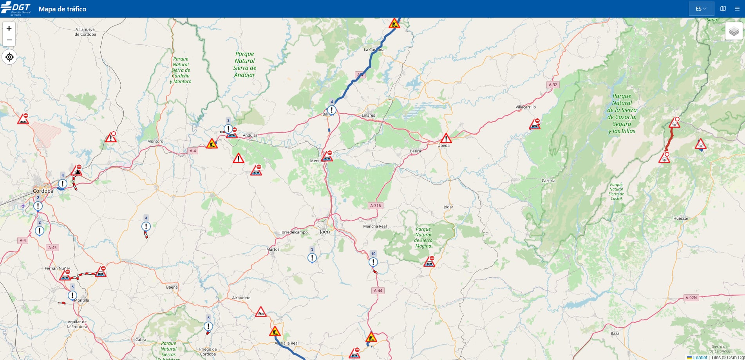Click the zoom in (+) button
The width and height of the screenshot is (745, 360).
pos(9,28)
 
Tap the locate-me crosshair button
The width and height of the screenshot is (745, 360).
pos(9,57)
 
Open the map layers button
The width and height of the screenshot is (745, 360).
pos(734,31)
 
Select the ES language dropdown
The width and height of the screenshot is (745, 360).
pos(701,9)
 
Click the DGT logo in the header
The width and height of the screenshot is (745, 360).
pos(16,9)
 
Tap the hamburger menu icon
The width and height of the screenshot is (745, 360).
pos(737,9)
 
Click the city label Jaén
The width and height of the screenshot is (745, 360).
pos(325,232)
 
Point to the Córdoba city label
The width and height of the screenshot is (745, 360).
pos(43,191)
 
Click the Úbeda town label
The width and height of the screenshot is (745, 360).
pos(443,145)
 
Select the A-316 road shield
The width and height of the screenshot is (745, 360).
pos(375,205)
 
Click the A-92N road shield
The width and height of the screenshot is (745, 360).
pos(691,298)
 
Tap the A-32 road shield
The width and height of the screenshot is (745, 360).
pos(553,85)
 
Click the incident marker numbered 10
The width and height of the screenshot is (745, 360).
pos(373,262)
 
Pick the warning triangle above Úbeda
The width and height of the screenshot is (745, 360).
pos(446,138)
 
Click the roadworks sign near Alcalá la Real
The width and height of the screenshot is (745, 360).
pos(275,332)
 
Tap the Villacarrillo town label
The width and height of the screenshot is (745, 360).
pos(526,107)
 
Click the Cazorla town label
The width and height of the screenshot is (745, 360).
pos(548,181)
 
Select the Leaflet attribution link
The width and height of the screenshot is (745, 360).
pos(700,357)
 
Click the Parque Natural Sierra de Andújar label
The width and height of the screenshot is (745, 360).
pos(245,64)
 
